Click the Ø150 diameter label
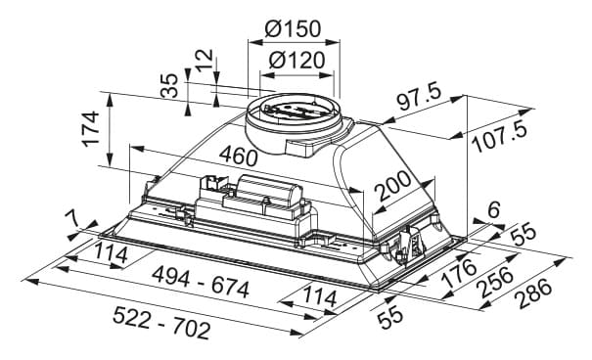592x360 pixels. pos(293,28)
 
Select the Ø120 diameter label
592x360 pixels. pos(296,60)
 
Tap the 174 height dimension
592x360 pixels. pos(91,128)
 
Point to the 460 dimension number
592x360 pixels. pos(238,156)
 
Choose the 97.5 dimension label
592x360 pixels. pos(419,97)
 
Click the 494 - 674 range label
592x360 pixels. pos(201,282)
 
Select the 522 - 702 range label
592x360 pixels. pos(161,323)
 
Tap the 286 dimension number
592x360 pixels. pos(534,292)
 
